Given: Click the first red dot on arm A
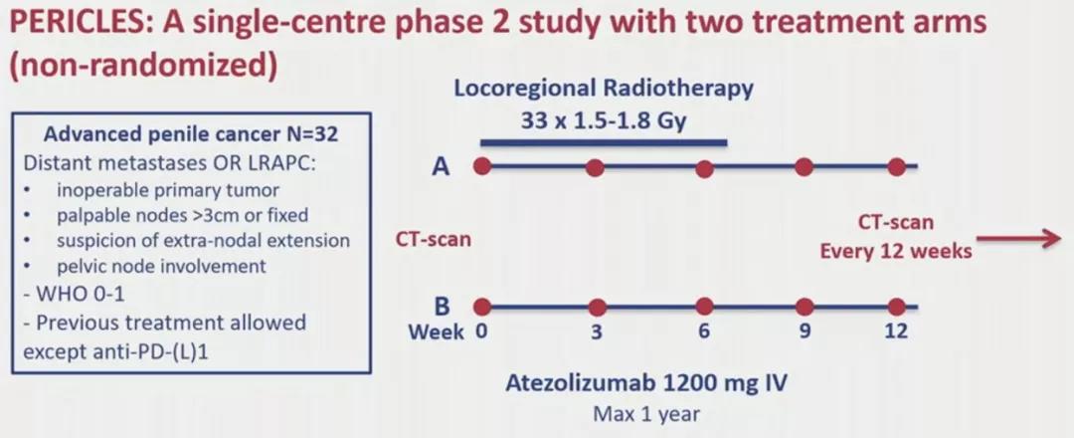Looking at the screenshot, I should click(482, 166).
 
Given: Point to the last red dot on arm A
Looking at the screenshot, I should click(897, 166).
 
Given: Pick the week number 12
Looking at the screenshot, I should click(896, 331).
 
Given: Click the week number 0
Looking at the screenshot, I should click(482, 331).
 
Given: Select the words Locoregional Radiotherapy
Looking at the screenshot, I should click(604, 88).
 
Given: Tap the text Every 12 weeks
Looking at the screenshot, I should click(895, 251).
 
